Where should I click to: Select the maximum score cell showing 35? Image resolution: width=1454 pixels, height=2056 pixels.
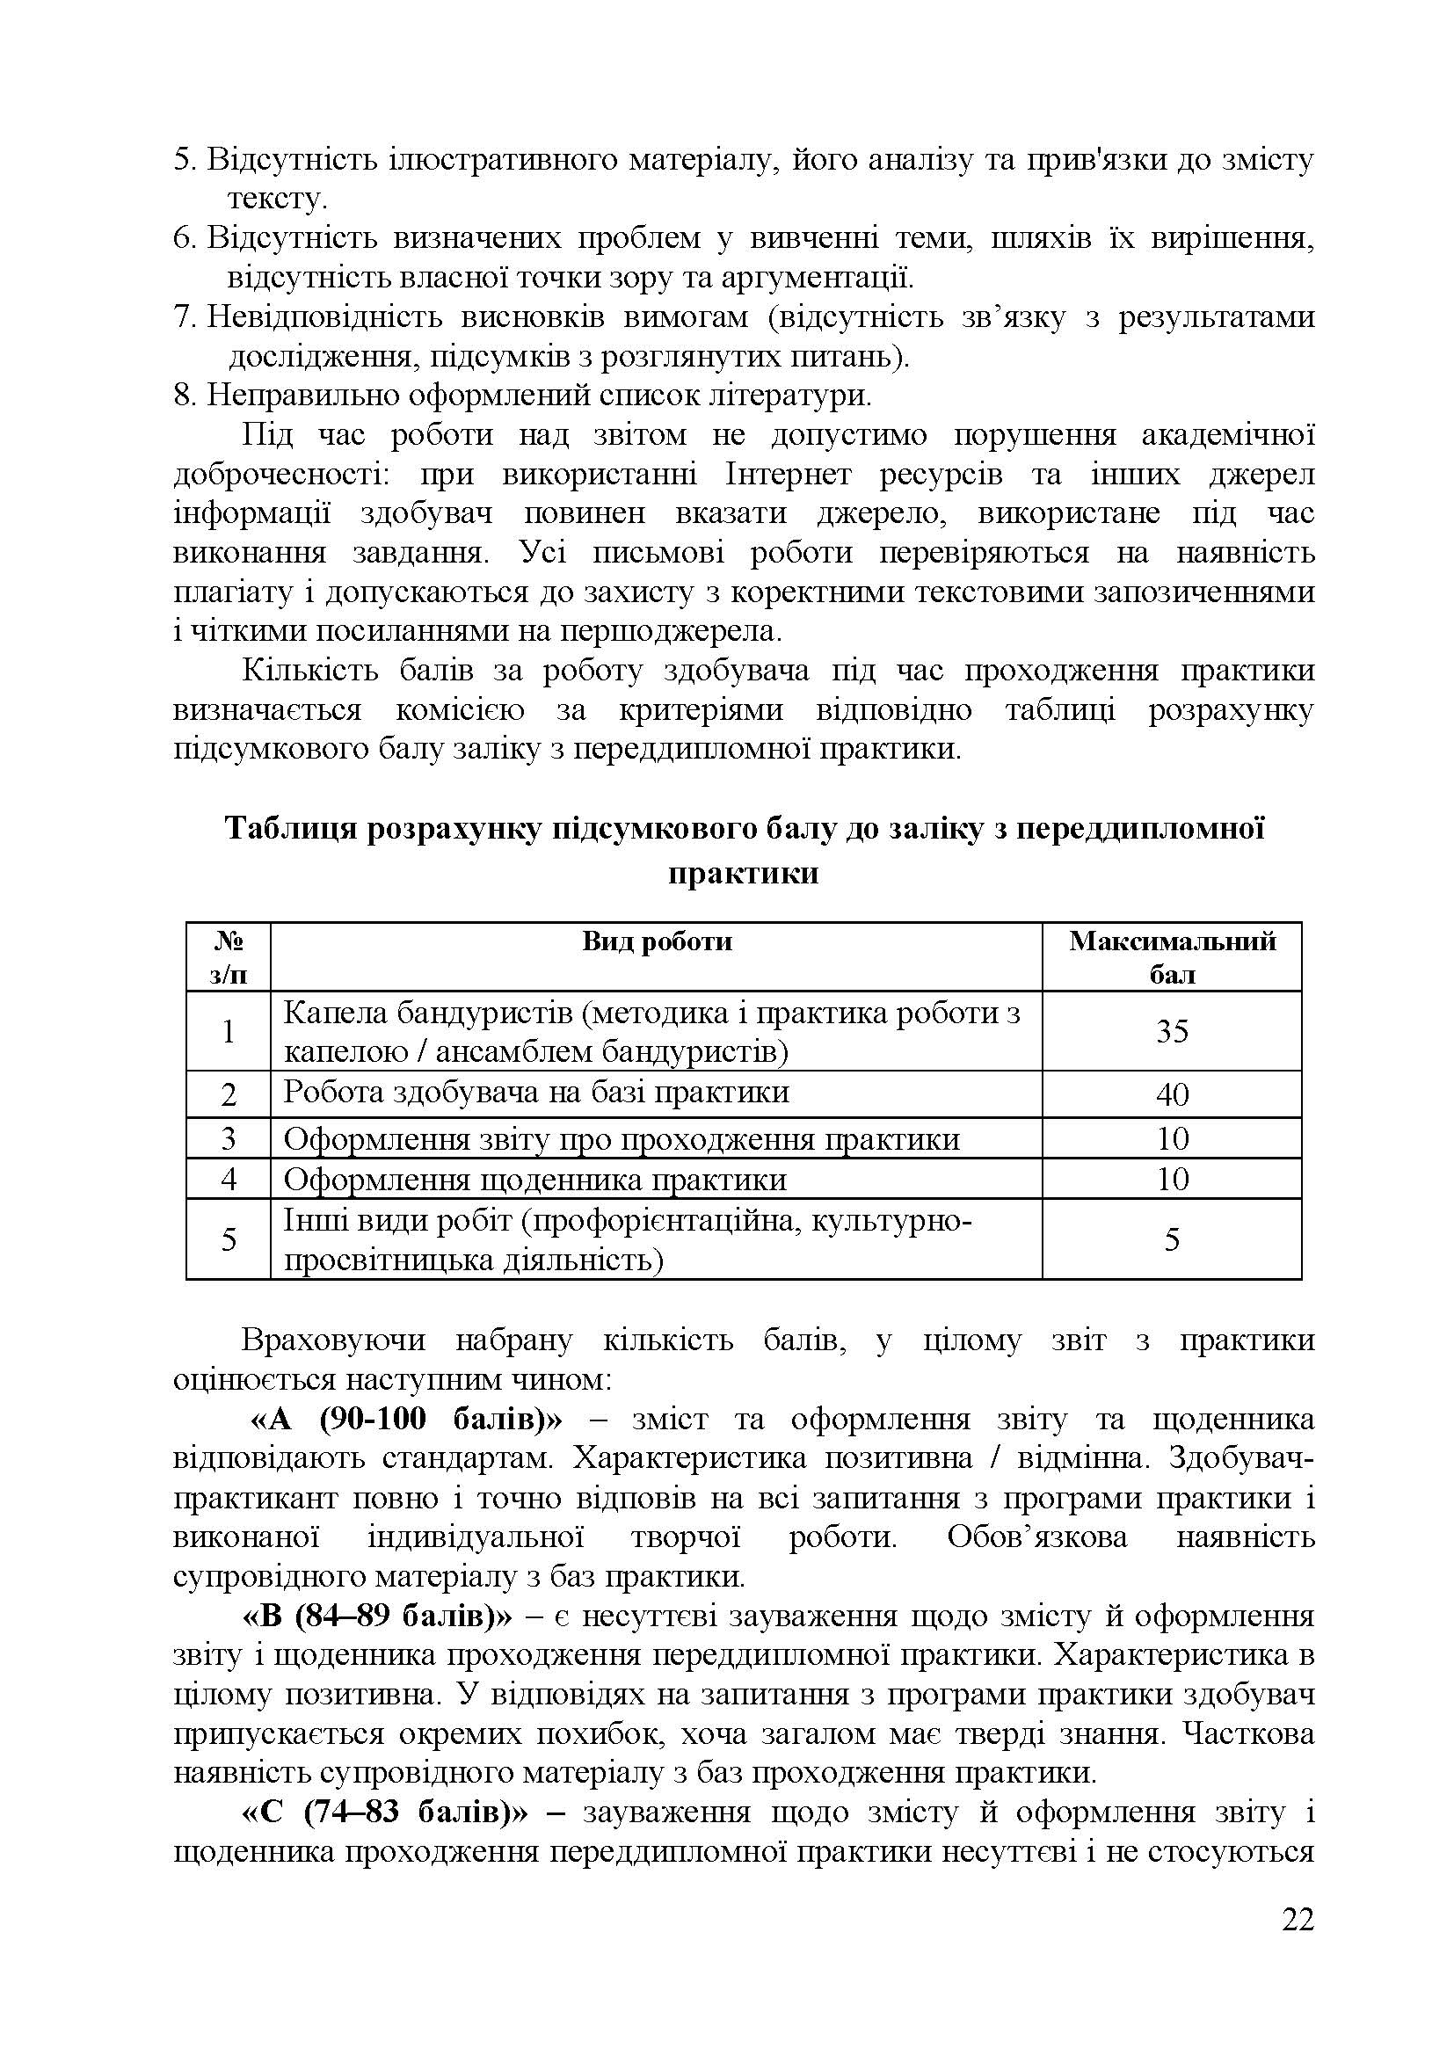pos(1171,1031)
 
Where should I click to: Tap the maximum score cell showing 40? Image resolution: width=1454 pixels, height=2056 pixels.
pos(1171,1093)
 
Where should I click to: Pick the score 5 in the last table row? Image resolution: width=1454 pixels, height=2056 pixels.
pos(1171,1239)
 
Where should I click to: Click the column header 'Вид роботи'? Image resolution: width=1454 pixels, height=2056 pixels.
pos(657,941)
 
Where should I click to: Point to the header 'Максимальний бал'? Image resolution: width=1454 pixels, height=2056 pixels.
pos(1171,956)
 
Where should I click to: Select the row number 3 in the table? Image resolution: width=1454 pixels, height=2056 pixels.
pos(229,1138)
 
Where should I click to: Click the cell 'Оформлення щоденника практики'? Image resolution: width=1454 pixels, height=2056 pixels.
pos(534,1180)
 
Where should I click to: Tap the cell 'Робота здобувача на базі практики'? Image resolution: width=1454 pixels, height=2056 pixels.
pos(536,1093)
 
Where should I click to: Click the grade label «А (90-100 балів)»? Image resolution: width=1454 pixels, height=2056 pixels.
pos(403,1420)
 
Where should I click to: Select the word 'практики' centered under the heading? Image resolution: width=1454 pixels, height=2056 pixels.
pos(743,872)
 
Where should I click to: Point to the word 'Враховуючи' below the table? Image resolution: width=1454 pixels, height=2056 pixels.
pos(334,1340)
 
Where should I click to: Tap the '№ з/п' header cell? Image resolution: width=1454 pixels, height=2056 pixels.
pos(229,956)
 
